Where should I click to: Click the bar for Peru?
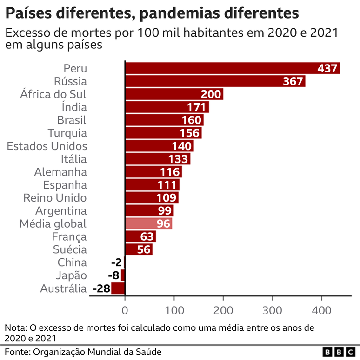tap(233, 68)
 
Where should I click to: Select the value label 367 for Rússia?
tap(293, 81)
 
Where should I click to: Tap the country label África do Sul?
tap(53, 94)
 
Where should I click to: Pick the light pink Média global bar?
tap(149, 223)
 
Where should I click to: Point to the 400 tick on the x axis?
tap(321, 310)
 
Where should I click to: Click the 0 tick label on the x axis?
tap(125, 310)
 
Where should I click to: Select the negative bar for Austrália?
tap(118, 288)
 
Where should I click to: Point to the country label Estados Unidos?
tap(47, 146)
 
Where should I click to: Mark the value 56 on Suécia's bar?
tap(145, 249)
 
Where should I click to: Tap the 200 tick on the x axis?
tap(223, 310)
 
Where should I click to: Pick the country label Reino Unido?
tap(55, 198)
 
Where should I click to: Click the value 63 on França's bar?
tap(147, 236)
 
